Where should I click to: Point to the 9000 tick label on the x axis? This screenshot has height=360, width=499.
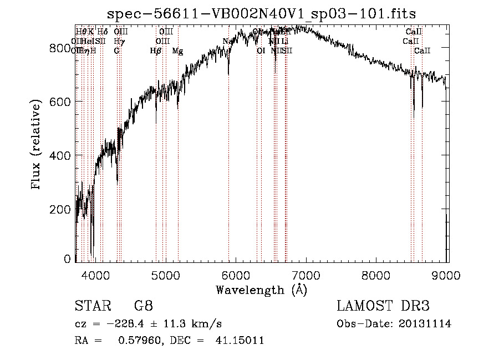447,275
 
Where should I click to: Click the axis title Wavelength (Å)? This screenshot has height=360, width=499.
261,290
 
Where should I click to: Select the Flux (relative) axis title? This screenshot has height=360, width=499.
37,145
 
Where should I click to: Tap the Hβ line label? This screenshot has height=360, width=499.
156,51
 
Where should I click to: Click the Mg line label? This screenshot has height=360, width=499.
177,51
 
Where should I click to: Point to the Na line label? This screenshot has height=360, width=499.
227,42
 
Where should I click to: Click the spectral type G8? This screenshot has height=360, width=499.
143,307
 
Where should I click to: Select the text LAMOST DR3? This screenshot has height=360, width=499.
383,307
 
